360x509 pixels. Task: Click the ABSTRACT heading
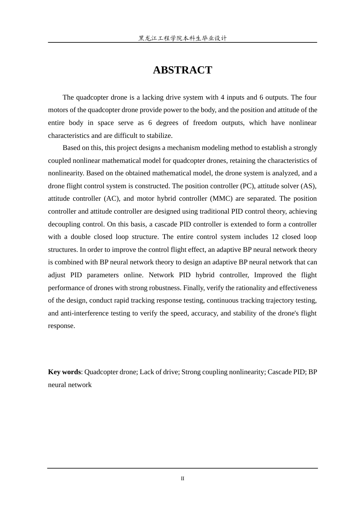[x=182, y=70]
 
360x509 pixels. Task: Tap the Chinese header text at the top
[x=182, y=38]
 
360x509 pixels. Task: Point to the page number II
[x=182, y=479]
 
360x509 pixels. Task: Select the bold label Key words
[x=64, y=372]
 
